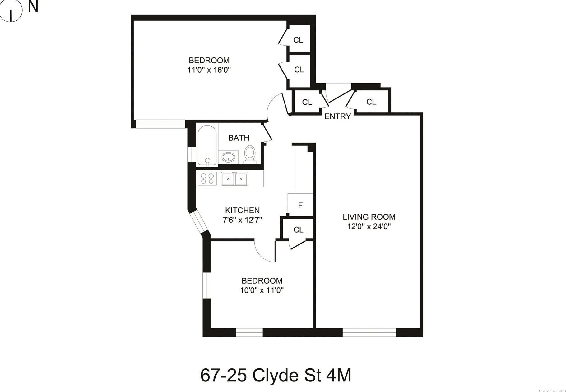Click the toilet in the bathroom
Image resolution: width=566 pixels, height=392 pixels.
coord(249,154)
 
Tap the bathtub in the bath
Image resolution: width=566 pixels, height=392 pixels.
coord(207,145)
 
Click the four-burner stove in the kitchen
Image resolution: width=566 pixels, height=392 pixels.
coord(207,179)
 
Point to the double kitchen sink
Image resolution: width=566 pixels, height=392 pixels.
coord(234,179)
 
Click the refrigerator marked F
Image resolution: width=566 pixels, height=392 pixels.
coord(300,205)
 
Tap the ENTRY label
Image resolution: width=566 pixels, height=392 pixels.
coord(337,116)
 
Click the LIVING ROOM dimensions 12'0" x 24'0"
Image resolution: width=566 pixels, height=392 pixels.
coord(369,226)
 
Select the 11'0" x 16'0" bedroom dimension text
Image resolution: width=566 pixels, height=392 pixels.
coord(209,70)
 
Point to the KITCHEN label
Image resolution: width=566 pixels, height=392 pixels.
coord(242,210)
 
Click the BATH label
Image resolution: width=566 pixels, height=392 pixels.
coord(239,138)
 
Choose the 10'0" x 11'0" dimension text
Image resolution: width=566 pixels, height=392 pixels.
coord(262,290)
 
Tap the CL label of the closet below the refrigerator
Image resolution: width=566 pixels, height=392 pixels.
coord(298,230)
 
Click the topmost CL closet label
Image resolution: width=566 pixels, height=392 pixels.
coord(298,40)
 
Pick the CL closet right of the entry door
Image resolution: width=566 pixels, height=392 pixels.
coord(371,102)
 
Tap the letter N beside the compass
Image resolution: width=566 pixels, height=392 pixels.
coord(33,7)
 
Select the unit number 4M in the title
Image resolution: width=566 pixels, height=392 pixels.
coord(339,376)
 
